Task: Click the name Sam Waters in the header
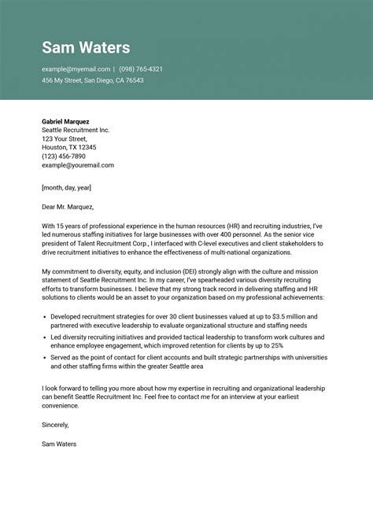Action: (86, 47)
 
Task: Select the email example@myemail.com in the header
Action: (76, 69)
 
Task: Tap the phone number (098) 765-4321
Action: (141, 69)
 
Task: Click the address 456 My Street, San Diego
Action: (92, 80)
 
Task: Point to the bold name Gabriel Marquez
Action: (65, 122)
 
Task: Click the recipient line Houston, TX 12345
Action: (69, 147)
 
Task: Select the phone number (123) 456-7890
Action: (64, 156)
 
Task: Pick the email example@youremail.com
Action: (78, 165)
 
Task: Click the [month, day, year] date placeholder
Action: (67, 188)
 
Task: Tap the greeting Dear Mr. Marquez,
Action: (68, 207)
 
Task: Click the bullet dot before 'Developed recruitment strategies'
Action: (44, 315)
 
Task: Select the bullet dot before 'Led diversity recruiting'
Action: (44, 336)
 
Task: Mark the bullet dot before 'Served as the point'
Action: (44, 357)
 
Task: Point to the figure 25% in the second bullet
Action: (297, 345)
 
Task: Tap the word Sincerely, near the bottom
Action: (55, 425)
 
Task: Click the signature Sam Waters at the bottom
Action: (59, 444)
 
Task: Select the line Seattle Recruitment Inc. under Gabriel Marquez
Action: (76, 130)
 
